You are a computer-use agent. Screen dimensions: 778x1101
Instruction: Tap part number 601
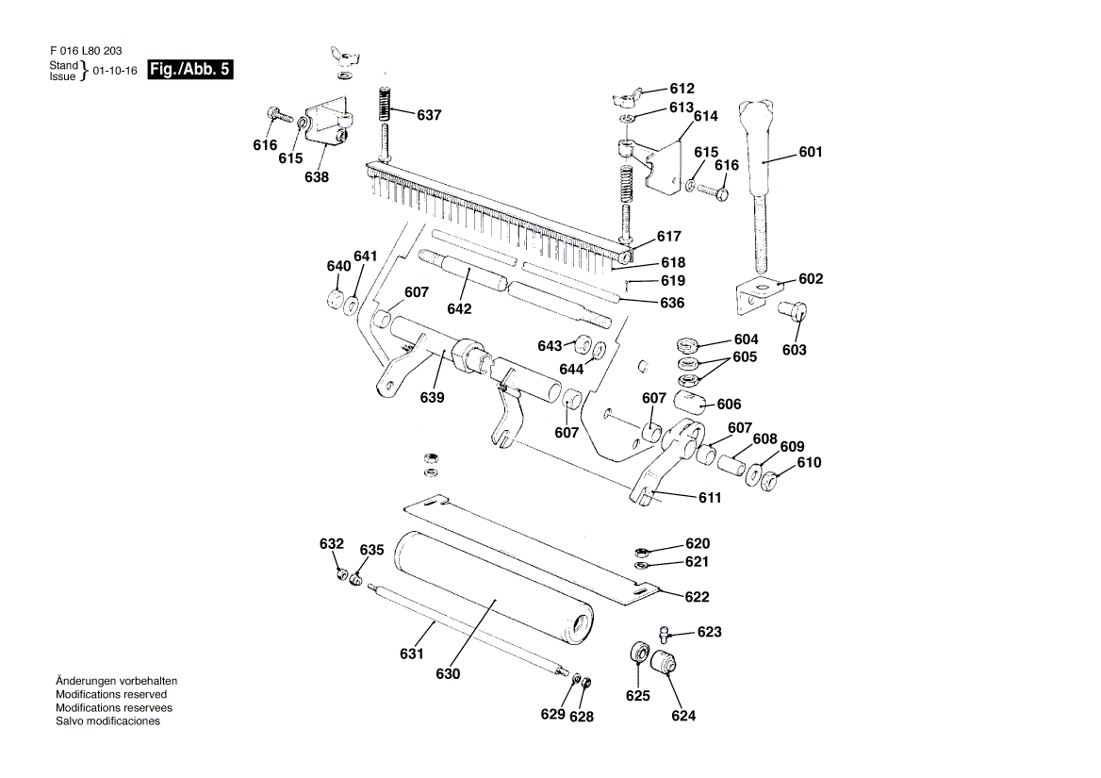[810, 152]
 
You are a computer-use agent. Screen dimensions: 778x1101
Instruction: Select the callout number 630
[448, 674]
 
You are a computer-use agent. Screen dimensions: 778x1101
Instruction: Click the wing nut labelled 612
[625, 96]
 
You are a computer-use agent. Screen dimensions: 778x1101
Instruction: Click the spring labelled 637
[385, 104]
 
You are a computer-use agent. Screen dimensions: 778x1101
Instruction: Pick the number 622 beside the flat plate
[697, 597]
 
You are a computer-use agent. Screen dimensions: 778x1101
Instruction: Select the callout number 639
[433, 397]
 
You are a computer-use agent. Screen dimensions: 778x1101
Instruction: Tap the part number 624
[683, 716]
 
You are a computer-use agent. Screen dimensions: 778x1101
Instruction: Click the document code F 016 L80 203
[84, 51]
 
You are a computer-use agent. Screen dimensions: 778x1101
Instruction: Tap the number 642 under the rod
[459, 308]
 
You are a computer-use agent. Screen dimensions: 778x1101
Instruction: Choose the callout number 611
[710, 497]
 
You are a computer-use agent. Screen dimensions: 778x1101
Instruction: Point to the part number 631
[412, 654]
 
